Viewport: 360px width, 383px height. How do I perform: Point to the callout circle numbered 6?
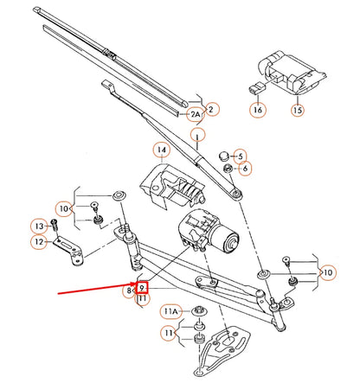[245, 168]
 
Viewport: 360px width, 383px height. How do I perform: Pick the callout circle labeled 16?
[258, 111]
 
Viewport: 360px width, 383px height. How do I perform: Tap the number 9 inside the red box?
[141, 287]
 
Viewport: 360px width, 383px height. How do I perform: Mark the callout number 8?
[128, 292]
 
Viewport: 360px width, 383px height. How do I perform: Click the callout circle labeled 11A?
[170, 310]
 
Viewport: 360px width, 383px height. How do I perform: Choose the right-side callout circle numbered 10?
[328, 273]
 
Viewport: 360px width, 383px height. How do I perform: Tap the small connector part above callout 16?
[255, 86]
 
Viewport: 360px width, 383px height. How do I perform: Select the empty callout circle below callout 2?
[200, 135]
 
